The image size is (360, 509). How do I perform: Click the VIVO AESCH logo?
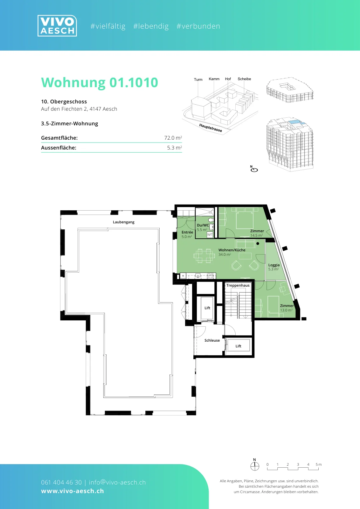(x=57, y=26)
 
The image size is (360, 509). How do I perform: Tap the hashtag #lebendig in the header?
(x=151, y=26)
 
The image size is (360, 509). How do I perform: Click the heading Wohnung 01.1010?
(x=100, y=82)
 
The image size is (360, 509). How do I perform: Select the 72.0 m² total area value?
(x=173, y=138)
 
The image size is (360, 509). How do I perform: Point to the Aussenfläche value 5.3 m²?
(x=175, y=148)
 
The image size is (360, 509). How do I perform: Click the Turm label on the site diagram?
(x=198, y=80)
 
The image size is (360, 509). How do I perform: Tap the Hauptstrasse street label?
(x=211, y=128)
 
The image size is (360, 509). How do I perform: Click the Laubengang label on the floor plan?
(x=124, y=222)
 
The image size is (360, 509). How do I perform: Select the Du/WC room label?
(x=203, y=225)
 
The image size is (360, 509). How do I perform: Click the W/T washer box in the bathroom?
(x=210, y=234)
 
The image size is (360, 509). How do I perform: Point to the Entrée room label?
(x=187, y=232)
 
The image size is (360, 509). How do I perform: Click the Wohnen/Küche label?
(x=232, y=250)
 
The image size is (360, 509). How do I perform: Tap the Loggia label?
(x=274, y=265)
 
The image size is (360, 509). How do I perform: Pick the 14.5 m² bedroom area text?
(x=257, y=235)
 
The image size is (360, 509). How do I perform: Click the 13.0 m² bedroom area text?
(x=286, y=310)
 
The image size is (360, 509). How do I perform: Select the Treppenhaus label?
(x=238, y=285)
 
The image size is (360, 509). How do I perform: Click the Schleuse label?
(x=212, y=340)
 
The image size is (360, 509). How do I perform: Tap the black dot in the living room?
(x=258, y=243)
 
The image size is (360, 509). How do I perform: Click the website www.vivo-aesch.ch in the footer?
(x=73, y=491)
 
